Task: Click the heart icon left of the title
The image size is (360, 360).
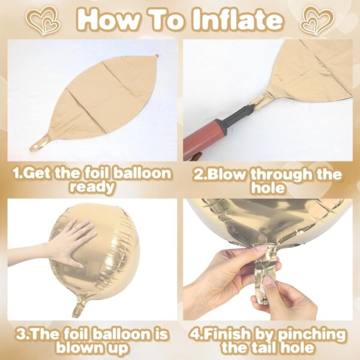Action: [46, 20]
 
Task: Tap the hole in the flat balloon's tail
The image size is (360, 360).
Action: [35, 146]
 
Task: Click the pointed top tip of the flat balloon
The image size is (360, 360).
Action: [157, 55]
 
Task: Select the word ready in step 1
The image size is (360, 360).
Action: [92, 187]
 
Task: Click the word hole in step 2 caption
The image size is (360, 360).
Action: [268, 188]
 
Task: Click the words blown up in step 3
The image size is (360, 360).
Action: [92, 348]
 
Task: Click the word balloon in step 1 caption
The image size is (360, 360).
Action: [142, 173]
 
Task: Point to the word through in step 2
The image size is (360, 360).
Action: [281, 175]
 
